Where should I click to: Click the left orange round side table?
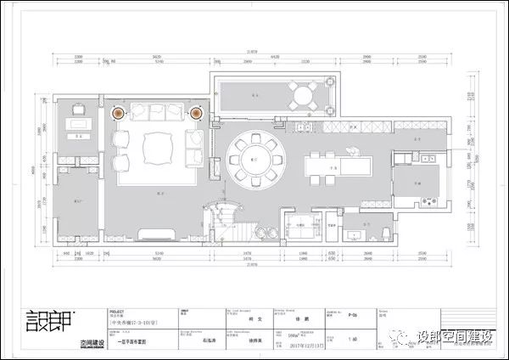coord(119,111)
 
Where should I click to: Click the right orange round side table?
coord(196,111)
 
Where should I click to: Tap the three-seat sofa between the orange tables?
coord(158,115)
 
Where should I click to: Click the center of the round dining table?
coord(256,156)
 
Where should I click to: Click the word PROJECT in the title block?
coord(117,311)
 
